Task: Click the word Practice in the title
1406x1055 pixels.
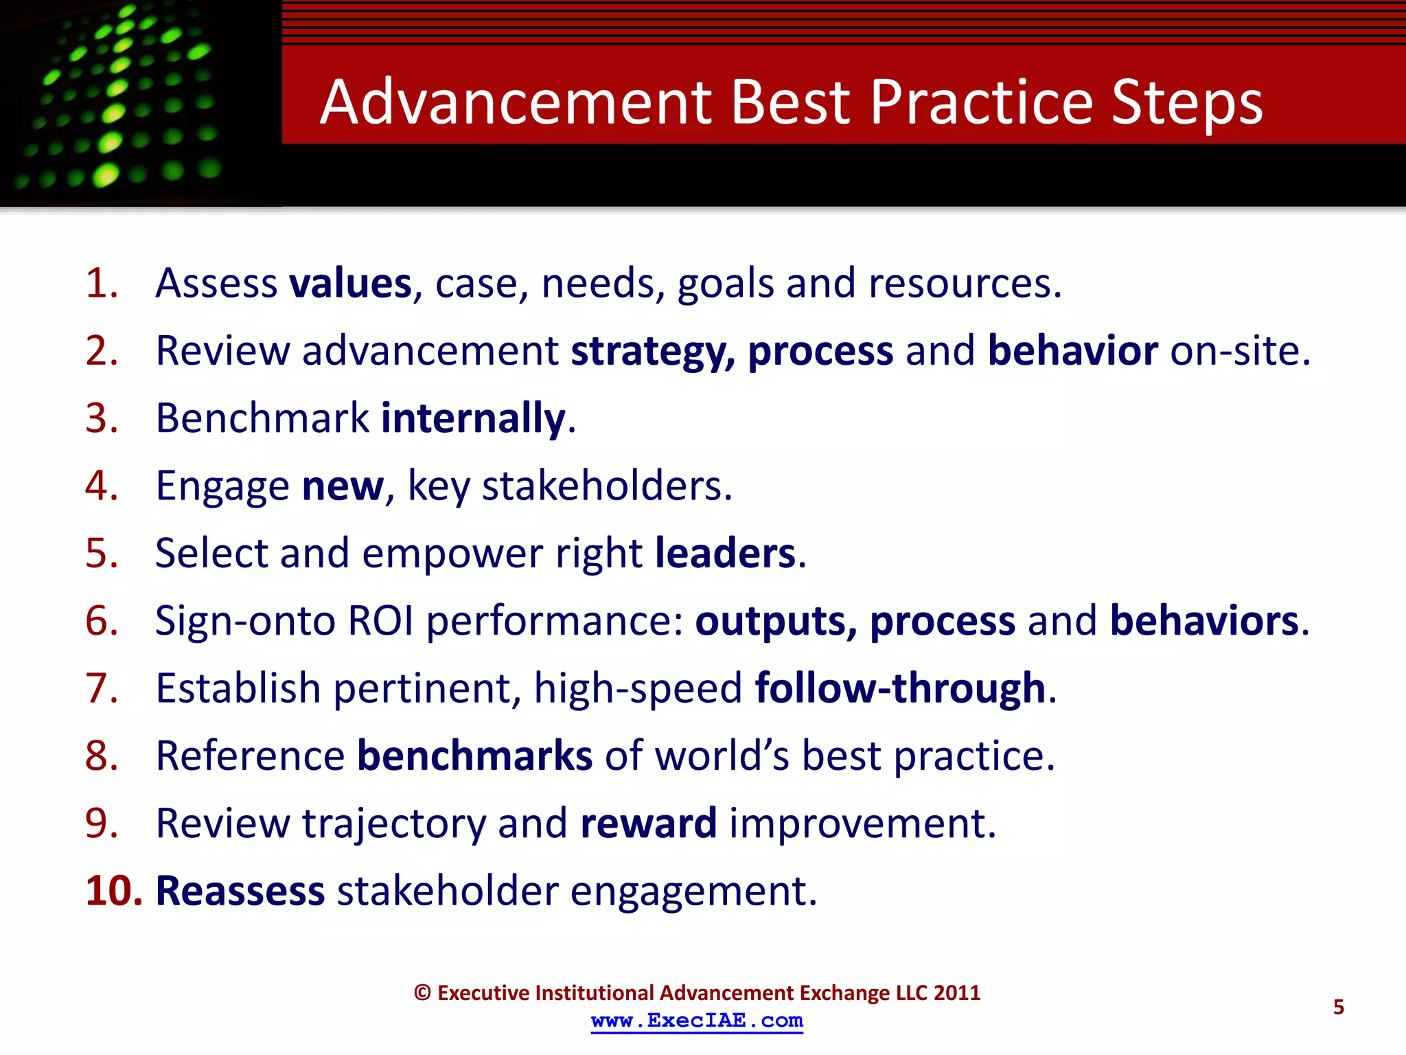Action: point(982,103)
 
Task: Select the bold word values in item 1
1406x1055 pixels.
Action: point(350,283)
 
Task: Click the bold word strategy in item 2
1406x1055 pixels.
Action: point(652,352)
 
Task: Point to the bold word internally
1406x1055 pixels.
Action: point(473,418)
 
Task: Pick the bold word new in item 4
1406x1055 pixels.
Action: point(343,486)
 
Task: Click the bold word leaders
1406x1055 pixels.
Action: point(725,554)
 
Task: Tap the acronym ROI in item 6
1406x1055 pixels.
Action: point(380,621)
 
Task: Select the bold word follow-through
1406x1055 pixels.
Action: point(900,688)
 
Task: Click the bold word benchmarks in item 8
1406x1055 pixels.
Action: point(474,756)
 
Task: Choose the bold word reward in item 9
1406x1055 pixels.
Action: point(648,824)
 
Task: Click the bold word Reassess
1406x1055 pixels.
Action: point(240,891)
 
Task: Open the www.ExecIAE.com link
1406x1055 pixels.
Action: point(697,1021)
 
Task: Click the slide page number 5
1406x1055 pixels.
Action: point(1338,1007)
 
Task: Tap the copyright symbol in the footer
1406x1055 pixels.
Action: point(422,993)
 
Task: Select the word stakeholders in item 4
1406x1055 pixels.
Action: point(607,486)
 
